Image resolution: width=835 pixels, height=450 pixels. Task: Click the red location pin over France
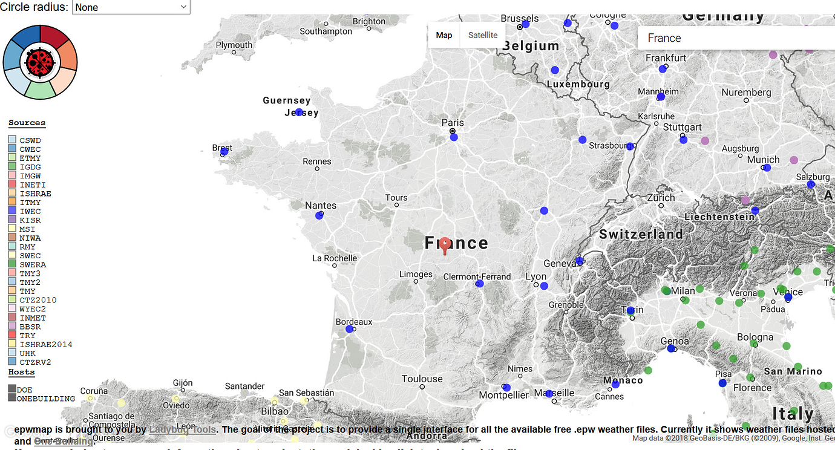coord(445,244)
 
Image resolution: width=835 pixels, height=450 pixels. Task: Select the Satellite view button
coord(482,35)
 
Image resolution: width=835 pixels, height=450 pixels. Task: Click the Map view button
coord(444,35)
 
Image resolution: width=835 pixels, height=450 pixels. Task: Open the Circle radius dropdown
coord(131,7)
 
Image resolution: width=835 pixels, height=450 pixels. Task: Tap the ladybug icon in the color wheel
coord(40,62)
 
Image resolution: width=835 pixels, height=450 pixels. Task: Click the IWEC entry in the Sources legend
coord(30,212)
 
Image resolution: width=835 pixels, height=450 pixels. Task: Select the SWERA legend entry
coord(32,265)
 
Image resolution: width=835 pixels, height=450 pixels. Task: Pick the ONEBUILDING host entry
coord(45,399)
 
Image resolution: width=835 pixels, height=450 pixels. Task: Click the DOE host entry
coord(24,390)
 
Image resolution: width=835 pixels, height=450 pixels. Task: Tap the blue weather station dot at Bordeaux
coord(349,329)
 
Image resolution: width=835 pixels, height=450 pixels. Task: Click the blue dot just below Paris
coord(454,137)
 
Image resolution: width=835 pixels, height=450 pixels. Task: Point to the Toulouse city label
coord(422,379)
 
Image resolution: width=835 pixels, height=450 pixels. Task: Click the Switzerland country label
coord(640,234)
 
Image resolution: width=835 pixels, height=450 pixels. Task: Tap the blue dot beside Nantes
coord(319,215)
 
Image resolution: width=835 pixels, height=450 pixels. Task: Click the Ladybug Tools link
coord(182,430)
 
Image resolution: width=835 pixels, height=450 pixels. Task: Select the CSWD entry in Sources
coord(30,140)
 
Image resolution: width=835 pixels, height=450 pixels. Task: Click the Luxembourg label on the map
coord(578,84)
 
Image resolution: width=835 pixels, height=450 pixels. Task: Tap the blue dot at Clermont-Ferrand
coord(480,283)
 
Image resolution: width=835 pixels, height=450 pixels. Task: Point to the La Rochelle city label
coord(335,258)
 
